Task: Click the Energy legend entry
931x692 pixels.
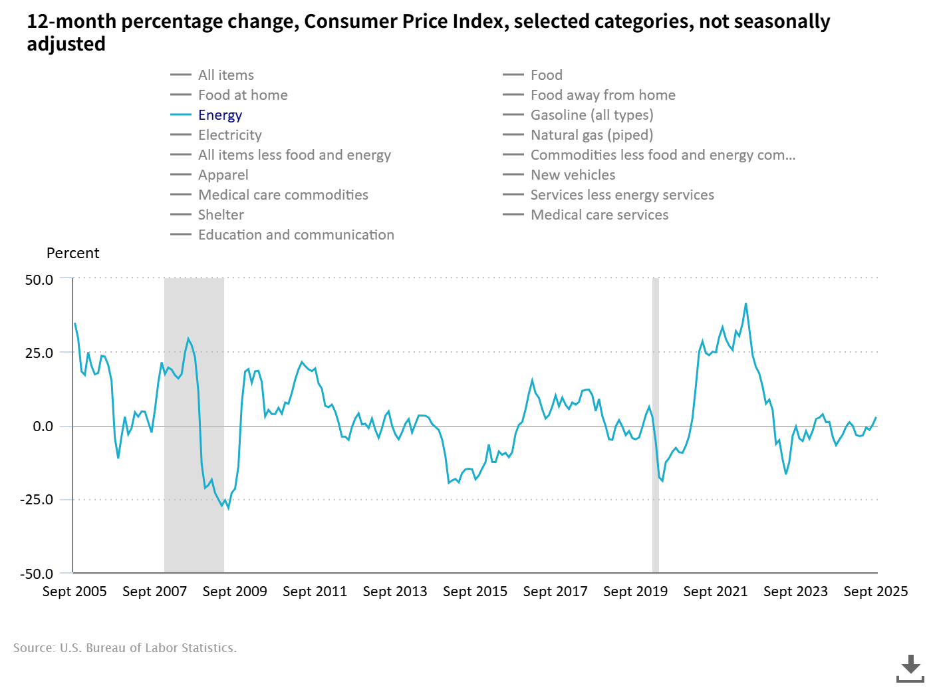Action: [x=219, y=115]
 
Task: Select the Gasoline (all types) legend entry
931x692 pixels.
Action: [x=591, y=115]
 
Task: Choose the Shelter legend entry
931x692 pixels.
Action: [x=221, y=215]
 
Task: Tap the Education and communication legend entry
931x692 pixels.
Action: [x=296, y=235]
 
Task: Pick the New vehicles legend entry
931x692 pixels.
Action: [x=573, y=175]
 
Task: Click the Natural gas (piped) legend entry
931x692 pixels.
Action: [x=591, y=135]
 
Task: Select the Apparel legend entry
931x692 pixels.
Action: [x=223, y=175]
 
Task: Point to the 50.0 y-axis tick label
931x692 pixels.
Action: [x=39, y=280]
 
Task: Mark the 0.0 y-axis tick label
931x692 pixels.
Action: [x=43, y=427]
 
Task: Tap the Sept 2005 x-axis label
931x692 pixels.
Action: [x=74, y=592]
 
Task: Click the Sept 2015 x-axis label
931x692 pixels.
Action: [x=475, y=592]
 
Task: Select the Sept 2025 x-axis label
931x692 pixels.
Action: [x=875, y=592]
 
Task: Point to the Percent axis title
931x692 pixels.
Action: [x=72, y=254]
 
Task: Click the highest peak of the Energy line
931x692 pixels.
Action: [x=746, y=303]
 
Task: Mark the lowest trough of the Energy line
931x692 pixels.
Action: [x=228, y=508]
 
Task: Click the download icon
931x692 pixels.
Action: [x=910, y=668]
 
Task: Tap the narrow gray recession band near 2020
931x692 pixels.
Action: [x=655, y=426]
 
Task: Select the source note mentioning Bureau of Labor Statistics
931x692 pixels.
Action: [x=125, y=648]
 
